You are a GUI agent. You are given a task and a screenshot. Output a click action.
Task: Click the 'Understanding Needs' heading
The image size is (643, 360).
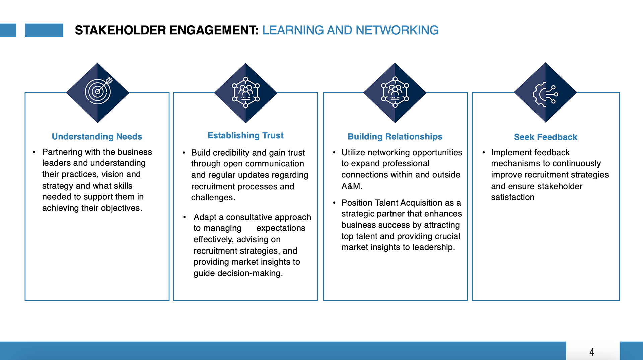[97, 137]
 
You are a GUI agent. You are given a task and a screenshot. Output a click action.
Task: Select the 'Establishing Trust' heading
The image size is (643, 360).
[245, 135]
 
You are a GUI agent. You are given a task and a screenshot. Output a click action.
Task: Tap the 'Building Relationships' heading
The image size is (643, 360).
[395, 137]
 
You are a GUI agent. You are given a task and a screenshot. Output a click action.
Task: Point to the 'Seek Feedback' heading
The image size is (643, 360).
[546, 137]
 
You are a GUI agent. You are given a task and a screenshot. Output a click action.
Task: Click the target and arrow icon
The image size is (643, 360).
[98, 91]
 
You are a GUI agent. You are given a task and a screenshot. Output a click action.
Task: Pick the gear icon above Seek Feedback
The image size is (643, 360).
[545, 94]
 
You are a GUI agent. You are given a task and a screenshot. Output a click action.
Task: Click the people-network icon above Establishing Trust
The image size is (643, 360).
[246, 92]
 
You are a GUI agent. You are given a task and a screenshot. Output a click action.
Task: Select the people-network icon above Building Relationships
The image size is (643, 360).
[395, 92]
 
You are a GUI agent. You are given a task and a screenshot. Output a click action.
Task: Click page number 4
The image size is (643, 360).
[592, 352]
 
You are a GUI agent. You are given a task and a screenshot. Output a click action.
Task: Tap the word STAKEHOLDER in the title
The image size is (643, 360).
[121, 30]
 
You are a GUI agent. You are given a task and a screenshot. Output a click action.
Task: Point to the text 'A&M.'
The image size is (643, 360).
[352, 186]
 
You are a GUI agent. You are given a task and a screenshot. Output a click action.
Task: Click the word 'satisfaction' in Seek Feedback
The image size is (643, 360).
[513, 197]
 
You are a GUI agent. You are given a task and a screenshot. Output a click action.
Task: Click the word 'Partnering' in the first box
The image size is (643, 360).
[62, 152]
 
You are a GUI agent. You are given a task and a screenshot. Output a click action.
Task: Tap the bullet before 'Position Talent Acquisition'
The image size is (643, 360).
[334, 203]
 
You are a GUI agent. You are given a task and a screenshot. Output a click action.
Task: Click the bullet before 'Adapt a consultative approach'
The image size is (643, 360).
[185, 217]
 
